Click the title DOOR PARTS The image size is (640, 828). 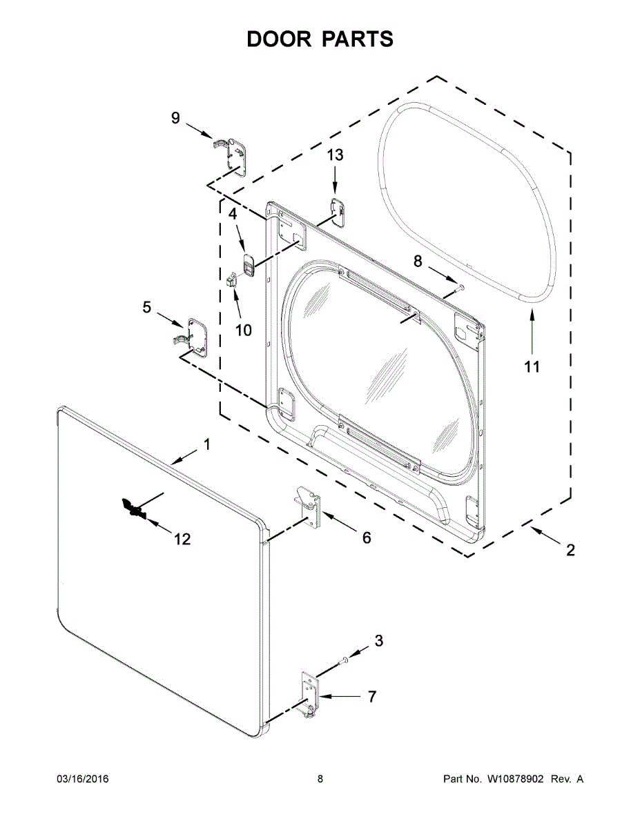click(320, 39)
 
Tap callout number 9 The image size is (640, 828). click(175, 119)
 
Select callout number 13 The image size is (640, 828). click(334, 156)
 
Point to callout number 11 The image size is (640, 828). click(531, 367)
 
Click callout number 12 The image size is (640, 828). click(182, 539)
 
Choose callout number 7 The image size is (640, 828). click(371, 697)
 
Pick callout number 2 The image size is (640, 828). click(570, 550)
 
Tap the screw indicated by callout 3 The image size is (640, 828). click(342, 662)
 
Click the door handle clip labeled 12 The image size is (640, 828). click(130, 509)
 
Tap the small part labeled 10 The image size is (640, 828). click(233, 279)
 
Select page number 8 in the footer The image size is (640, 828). click(320, 779)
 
